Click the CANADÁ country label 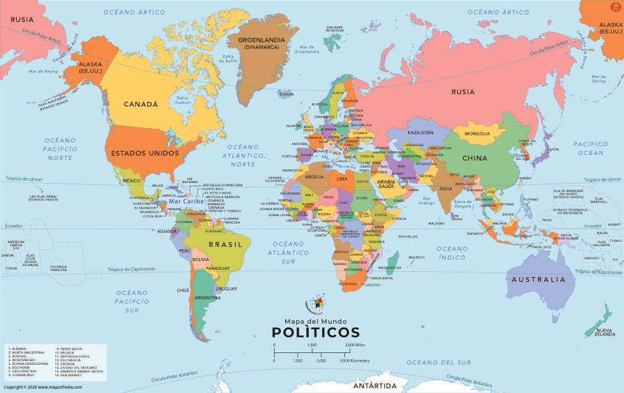140,104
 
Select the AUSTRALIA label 538,280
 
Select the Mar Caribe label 186,202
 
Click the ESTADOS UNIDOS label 145,152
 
